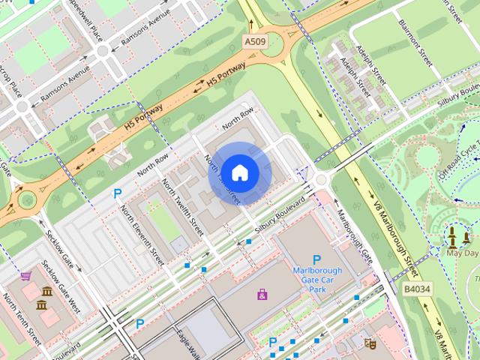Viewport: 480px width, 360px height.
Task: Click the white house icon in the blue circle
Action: [x=239, y=172]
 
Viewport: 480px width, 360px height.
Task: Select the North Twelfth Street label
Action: [x=182, y=202]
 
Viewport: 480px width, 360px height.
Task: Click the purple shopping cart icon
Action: [x=25, y=276]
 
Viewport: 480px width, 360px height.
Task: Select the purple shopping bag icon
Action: [x=262, y=294]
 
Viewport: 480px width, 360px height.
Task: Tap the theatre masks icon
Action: [x=369, y=343]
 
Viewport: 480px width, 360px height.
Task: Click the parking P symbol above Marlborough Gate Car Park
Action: [x=316, y=259]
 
